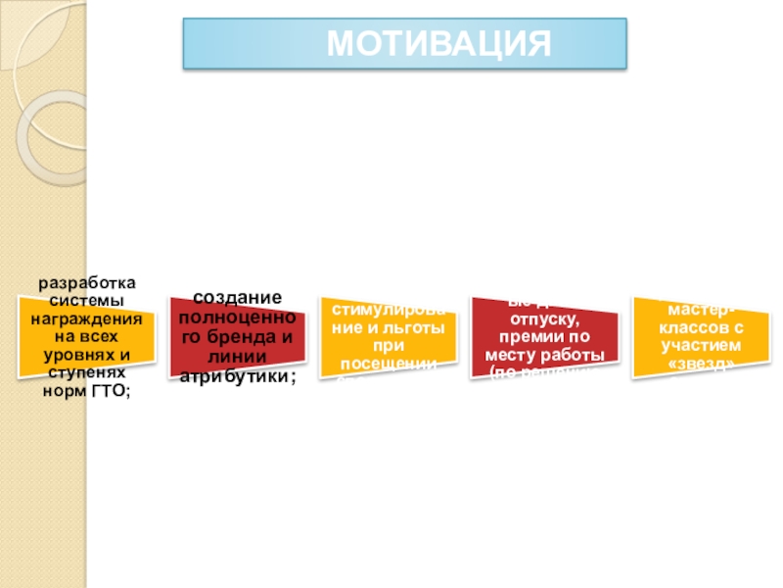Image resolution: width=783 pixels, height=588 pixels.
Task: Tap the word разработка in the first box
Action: pos(87,284)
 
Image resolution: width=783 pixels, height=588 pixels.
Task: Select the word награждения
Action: pos(87,320)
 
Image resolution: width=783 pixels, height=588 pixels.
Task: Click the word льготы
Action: pos(416,328)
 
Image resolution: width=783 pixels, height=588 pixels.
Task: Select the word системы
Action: pos(87,302)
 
